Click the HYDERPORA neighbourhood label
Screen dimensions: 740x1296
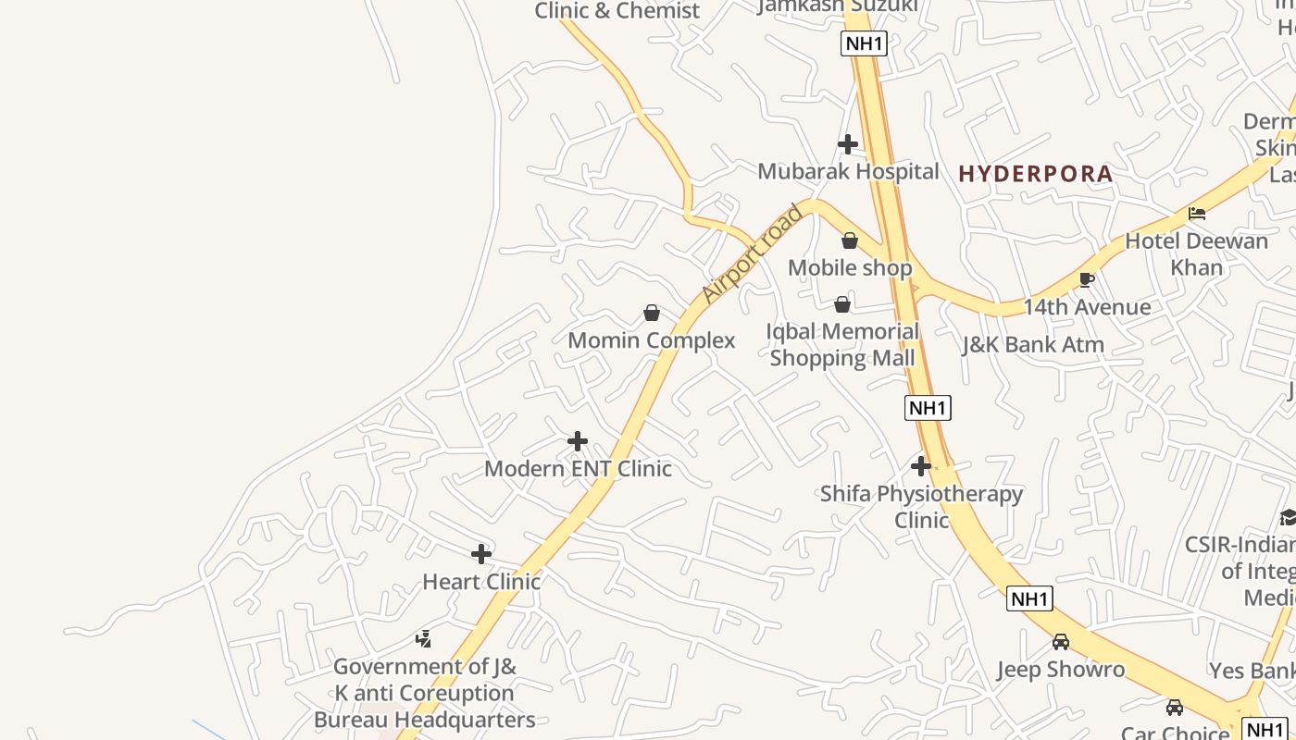pos(1035,173)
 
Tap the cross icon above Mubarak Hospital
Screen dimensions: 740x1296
pos(847,144)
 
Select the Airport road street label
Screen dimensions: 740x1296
pos(752,254)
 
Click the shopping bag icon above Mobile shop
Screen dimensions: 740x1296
pos(850,240)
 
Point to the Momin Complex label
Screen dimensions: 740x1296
pos(652,340)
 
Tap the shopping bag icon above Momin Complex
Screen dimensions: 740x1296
pos(652,313)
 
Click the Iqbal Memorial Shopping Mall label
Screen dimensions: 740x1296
pos(842,344)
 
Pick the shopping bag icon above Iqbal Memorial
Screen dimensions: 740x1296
pos(842,304)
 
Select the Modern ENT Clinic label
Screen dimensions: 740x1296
pos(578,469)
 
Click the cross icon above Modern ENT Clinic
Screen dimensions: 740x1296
pos(578,441)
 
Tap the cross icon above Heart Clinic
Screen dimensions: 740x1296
pos(481,554)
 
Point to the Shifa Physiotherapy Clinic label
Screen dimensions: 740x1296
pos(921,506)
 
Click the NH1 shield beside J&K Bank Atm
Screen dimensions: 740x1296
pos(928,408)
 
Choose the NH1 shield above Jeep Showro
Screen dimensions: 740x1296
pos(1029,598)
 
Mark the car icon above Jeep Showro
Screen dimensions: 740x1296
pos(1061,641)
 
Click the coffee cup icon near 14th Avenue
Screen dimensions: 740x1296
pos(1087,279)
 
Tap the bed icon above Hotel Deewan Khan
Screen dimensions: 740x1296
pos(1197,214)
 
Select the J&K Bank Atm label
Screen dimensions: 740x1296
pos(1033,345)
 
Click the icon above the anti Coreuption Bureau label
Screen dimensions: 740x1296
pos(424,638)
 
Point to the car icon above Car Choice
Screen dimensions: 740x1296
pos(1175,708)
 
